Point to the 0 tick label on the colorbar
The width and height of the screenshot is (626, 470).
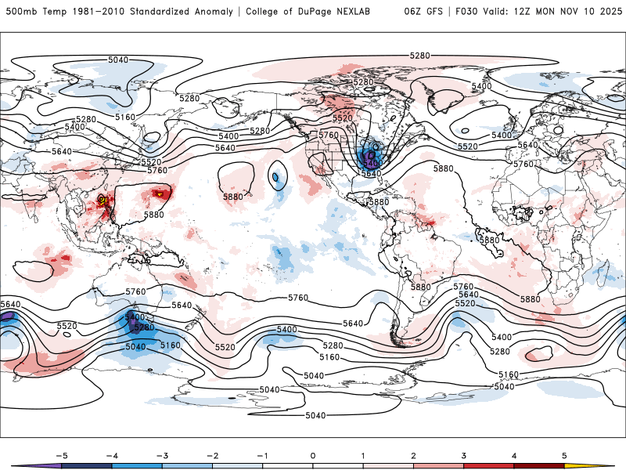click(312, 454)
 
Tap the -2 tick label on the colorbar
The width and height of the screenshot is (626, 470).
click(210, 454)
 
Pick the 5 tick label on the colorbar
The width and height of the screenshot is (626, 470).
click(565, 454)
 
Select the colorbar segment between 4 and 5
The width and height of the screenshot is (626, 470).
click(539, 465)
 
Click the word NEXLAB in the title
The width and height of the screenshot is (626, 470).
click(365, 12)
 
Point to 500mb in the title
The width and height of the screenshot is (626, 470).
click(19, 12)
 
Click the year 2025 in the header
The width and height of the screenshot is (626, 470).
click(606, 12)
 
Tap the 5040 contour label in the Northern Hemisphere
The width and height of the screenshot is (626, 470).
click(118, 60)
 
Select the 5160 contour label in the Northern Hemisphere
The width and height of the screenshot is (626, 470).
click(124, 117)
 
